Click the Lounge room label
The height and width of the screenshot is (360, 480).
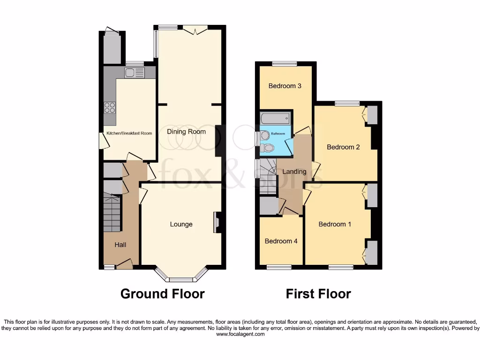coord(181,225)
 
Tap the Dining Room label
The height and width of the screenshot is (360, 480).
coord(187,132)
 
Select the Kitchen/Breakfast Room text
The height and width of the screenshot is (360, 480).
coord(129,134)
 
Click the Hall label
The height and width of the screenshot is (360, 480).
coord(120,245)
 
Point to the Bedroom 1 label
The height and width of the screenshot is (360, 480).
coord(335,225)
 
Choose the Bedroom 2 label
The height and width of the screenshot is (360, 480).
coord(343,147)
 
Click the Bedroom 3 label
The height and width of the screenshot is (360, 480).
coord(285,86)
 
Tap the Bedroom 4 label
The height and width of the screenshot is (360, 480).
coord(281,241)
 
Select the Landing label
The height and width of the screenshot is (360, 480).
coord(294,172)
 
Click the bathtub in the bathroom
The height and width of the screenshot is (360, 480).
coord(276,118)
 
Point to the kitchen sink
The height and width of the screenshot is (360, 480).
coord(135,73)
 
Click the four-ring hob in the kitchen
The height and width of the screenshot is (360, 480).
coord(110,108)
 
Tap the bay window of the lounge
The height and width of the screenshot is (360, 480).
coord(181,277)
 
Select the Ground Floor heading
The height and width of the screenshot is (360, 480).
coord(162,294)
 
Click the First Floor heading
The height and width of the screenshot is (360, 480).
coord(318,294)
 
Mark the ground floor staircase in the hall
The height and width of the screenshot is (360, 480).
coord(112,213)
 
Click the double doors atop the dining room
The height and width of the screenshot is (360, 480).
coord(195,30)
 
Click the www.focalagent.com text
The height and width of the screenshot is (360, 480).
coord(240,334)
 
